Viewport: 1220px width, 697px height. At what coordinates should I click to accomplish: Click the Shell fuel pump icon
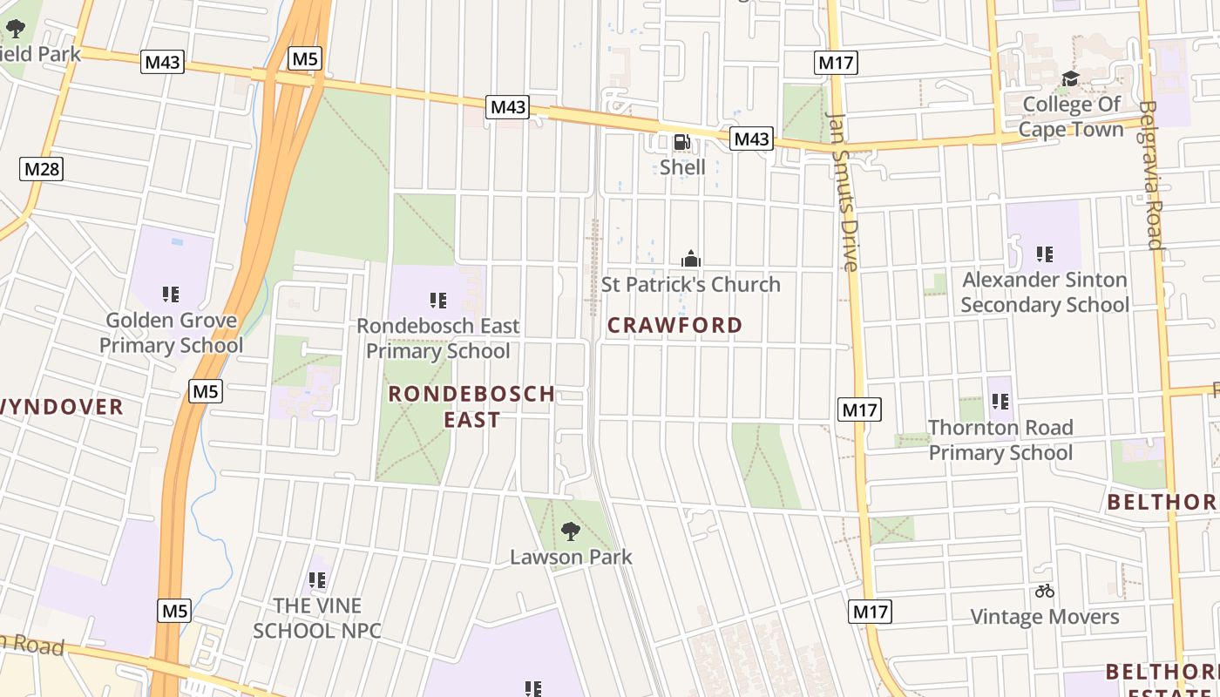tap(682, 142)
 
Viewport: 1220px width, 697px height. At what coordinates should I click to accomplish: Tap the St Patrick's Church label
tap(691, 284)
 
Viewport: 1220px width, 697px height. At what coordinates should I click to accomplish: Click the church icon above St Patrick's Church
tap(691, 259)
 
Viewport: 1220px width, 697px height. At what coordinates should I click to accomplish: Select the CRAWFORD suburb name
tap(675, 325)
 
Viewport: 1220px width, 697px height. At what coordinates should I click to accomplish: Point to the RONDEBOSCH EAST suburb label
tap(472, 406)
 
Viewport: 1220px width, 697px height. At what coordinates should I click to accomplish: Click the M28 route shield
tap(42, 168)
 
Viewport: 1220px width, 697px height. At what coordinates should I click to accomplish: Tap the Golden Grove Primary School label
tap(171, 333)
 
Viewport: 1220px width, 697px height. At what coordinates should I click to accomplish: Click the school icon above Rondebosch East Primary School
tap(438, 301)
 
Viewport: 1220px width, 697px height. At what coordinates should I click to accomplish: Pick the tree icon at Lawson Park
tap(570, 531)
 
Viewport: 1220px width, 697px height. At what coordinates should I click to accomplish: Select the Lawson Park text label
tap(571, 557)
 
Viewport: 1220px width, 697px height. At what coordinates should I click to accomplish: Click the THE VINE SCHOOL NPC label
tap(317, 618)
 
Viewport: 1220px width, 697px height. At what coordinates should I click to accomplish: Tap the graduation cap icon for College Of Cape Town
tap(1070, 79)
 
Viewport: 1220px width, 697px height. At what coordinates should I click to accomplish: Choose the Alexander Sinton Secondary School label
tap(1045, 292)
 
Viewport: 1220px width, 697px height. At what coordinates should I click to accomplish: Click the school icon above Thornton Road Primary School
tap(1000, 402)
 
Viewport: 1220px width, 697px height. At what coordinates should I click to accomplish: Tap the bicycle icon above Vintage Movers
tap(1045, 592)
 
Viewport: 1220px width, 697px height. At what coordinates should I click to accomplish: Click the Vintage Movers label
tap(1045, 617)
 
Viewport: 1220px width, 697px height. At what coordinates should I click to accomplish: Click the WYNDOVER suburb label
tap(61, 407)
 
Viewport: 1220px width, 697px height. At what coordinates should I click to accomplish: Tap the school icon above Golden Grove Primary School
tap(171, 294)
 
